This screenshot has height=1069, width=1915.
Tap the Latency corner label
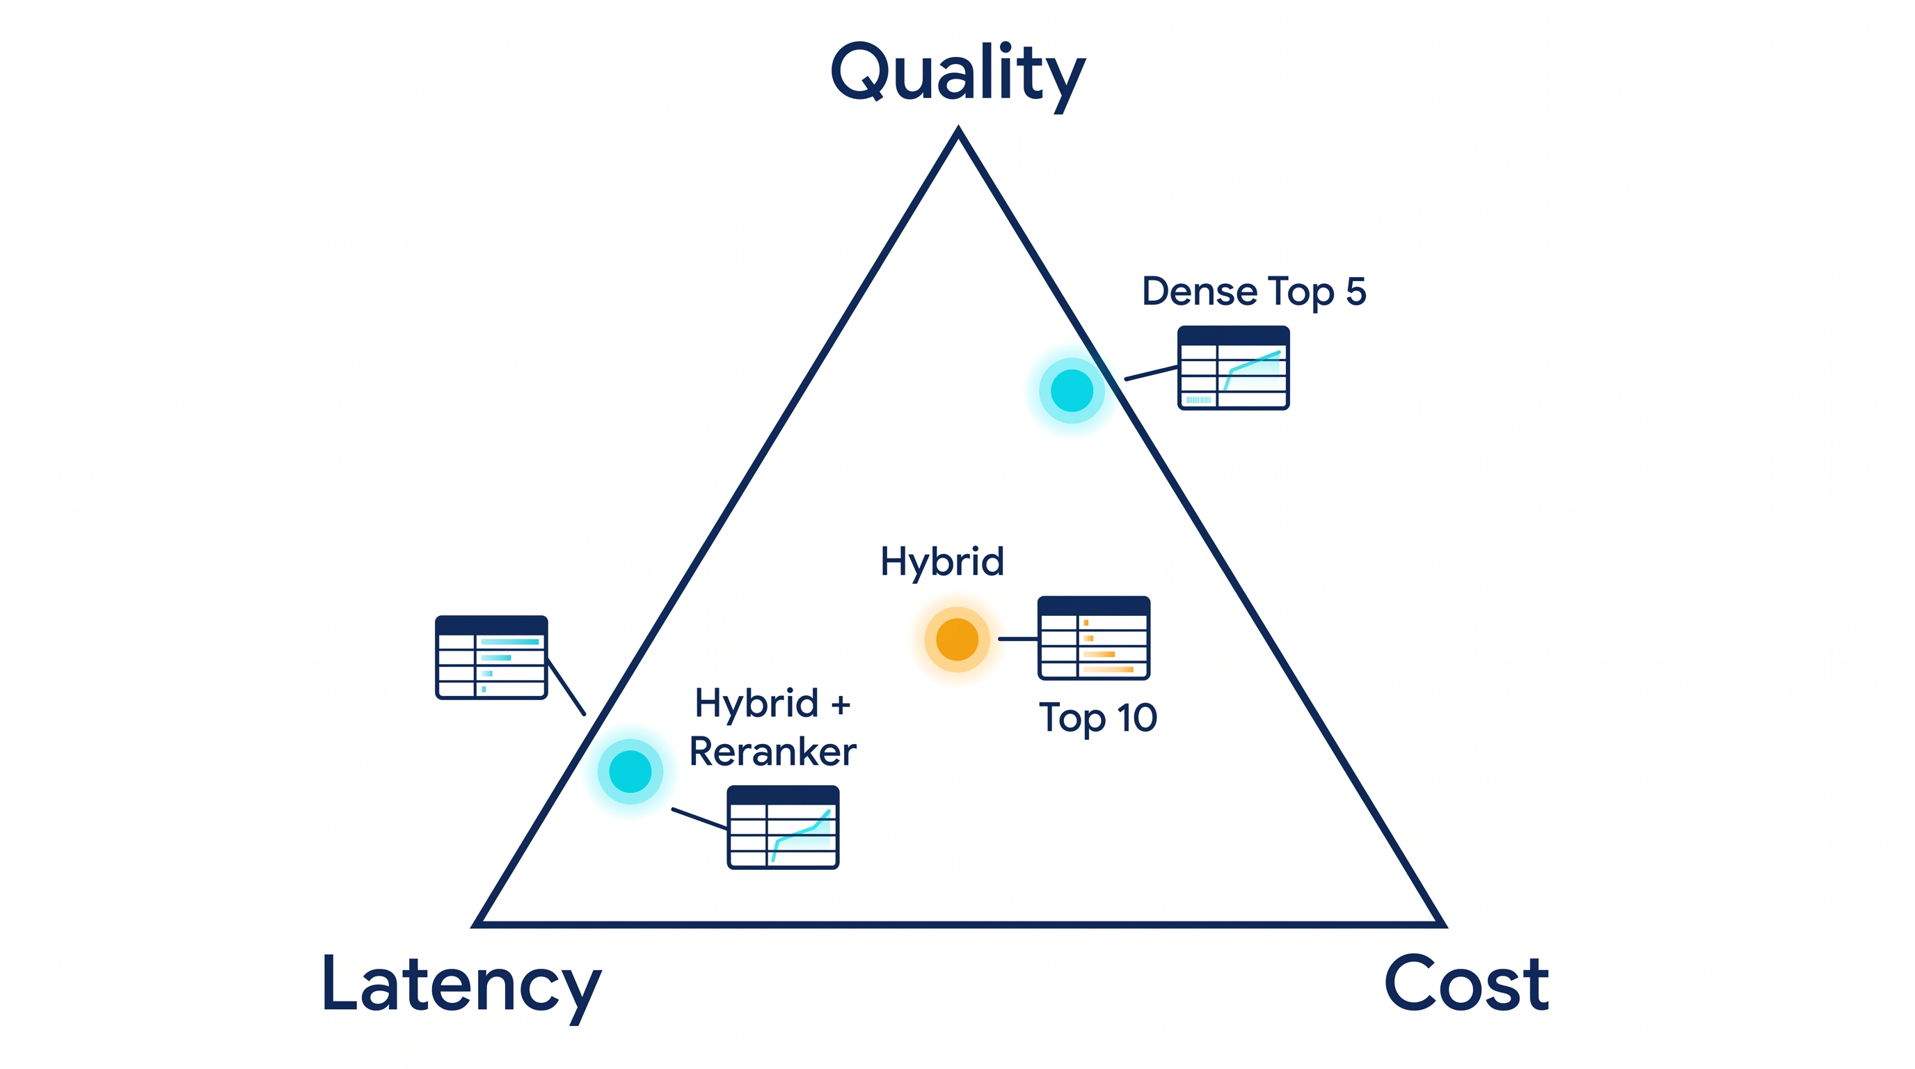(461, 986)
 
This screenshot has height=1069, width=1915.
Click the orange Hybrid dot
(957, 640)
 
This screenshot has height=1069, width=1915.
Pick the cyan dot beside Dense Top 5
(1071, 390)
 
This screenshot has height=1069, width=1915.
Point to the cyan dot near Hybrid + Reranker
(630, 772)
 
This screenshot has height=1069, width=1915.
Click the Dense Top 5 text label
(1253, 292)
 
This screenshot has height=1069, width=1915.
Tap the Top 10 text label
(1098, 719)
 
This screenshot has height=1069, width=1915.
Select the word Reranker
(772, 752)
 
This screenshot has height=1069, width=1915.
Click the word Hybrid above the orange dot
(942, 562)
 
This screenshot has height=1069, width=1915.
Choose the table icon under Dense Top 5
(1233, 368)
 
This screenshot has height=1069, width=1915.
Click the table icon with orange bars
(1094, 638)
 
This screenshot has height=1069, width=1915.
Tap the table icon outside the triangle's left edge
(491, 657)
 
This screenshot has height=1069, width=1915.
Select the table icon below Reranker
(783, 828)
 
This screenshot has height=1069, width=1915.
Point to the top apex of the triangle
(959, 128)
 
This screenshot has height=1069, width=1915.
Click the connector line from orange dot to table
(1018, 639)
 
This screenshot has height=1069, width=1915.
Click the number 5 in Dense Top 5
(1356, 292)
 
